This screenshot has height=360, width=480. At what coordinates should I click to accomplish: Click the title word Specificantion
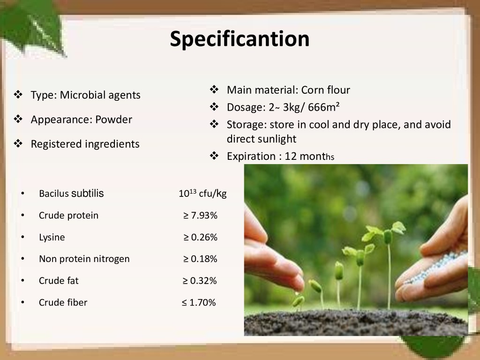pyautogui.click(x=240, y=39)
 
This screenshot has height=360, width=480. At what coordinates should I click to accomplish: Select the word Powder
pyautogui.click(x=113, y=120)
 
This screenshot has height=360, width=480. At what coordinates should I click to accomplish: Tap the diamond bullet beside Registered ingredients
pyautogui.click(x=18, y=143)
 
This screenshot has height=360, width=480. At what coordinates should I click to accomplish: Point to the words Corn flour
pyautogui.click(x=325, y=90)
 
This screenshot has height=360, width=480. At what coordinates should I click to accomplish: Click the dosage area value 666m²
pyautogui.click(x=323, y=107)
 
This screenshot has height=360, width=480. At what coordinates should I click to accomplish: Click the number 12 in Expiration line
pyautogui.click(x=291, y=157)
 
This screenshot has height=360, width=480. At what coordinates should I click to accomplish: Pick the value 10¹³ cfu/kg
pyautogui.click(x=202, y=193)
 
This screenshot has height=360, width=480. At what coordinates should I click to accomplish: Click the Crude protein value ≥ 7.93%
pyautogui.click(x=200, y=215)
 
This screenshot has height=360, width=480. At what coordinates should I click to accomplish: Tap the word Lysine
pyautogui.click(x=52, y=237)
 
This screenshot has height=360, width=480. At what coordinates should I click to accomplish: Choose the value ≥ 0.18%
pyautogui.click(x=200, y=259)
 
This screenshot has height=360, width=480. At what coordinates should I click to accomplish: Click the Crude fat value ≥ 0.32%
pyautogui.click(x=200, y=280)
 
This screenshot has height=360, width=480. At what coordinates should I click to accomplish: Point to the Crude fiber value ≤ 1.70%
pyautogui.click(x=199, y=302)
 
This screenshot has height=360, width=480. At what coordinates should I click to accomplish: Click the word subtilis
pyautogui.click(x=88, y=193)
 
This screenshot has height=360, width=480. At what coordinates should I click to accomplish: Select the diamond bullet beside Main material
pyautogui.click(x=214, y=90)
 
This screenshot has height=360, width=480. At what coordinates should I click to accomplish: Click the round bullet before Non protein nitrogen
pyautogui.click(x=22, y=259)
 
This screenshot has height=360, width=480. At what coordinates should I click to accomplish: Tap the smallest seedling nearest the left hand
pyautogui.click(x=298, y=300)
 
